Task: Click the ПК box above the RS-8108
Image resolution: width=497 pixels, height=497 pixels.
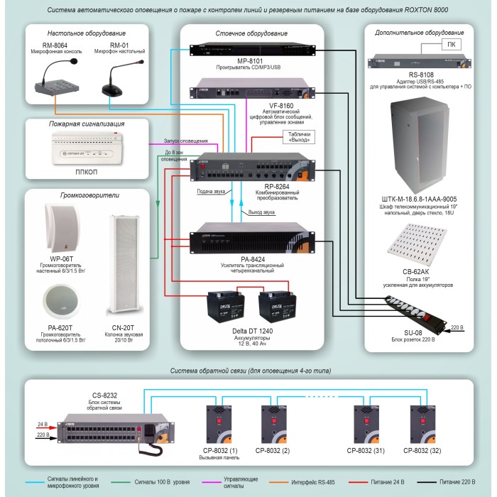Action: (451, 44)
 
